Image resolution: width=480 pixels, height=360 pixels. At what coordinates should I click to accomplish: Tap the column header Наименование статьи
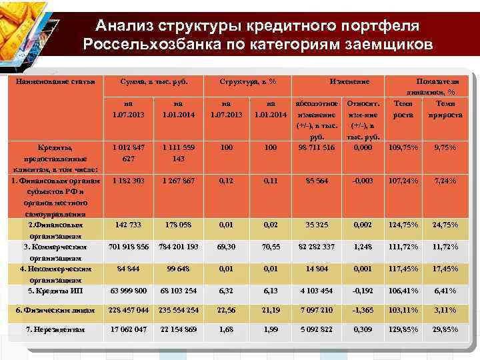(x=55, y=81)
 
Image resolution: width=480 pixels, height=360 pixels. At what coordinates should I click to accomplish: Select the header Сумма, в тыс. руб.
(x=153, y=81)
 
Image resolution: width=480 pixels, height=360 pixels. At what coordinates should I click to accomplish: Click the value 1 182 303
(x=129, y=180)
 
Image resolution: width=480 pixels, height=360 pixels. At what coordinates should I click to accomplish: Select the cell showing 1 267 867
(x=178, y=180)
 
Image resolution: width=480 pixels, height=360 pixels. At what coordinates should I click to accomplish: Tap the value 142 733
(x=129, y=225)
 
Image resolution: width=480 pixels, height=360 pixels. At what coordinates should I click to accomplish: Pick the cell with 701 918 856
(x=129, y=246)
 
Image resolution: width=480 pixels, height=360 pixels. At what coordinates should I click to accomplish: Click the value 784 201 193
(x=178, y=246)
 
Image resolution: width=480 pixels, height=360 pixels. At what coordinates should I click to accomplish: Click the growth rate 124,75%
(x=405, y=225)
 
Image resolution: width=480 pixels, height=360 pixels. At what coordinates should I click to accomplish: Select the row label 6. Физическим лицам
(x=55, y=310)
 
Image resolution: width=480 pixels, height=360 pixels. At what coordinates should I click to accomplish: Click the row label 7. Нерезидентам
(x=56, y=329)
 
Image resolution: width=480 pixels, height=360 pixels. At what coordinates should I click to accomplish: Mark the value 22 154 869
(x=178, y=329)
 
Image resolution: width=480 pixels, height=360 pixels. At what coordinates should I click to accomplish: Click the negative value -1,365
(x=364, y=310)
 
